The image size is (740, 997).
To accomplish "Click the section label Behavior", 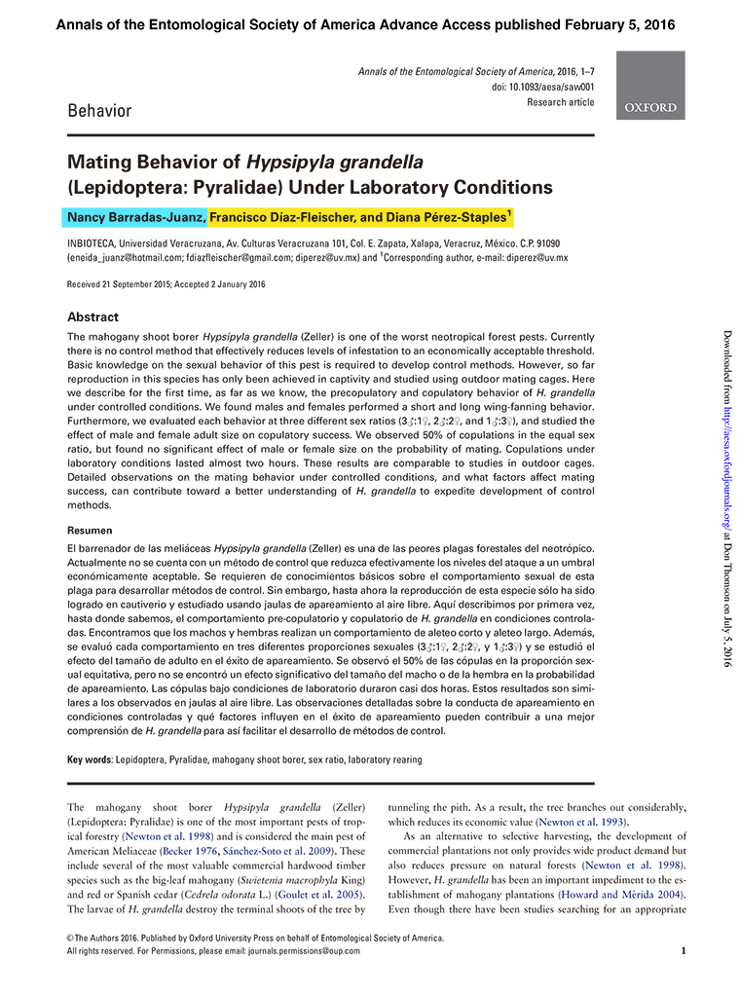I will point(99,110).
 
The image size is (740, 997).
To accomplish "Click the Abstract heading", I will point(92,317).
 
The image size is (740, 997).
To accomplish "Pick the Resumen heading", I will point(89,531).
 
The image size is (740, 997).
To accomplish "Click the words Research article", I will point(560,102).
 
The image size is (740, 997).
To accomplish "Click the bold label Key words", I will point(89,759).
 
